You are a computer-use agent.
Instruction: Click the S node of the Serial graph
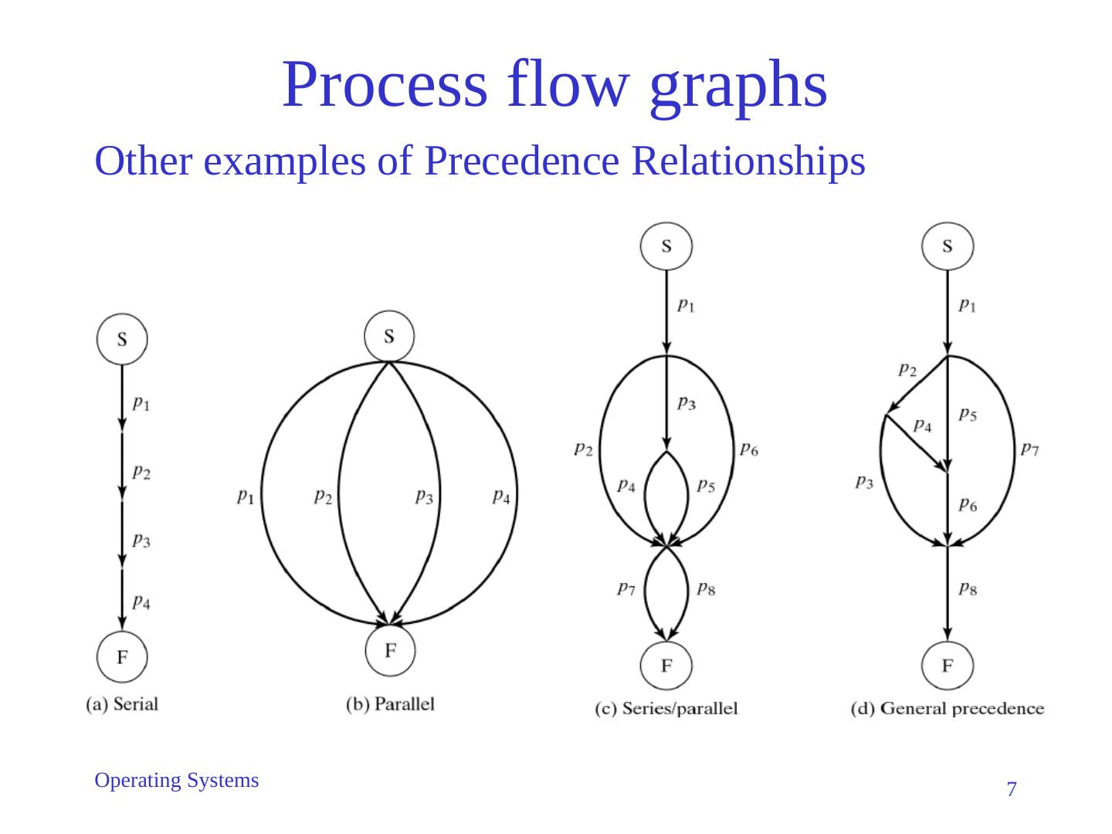coord(122,339)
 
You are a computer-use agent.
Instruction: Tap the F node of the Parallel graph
coord(390,650)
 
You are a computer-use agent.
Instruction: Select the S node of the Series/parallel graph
coord(666,246)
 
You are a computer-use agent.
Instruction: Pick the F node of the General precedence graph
coord(948,665)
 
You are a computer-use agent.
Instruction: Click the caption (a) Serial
coord(122,704)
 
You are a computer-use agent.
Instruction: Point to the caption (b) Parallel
coord(391,704)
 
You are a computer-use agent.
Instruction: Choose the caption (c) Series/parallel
coord(666,708)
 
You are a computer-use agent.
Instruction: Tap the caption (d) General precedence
coord(948,708)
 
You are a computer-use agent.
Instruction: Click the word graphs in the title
coord(738,85)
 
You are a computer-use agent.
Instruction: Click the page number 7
coord(1012,789)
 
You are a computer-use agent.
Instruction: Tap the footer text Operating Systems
coord(176,781)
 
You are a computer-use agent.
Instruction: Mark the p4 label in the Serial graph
coord(141,601)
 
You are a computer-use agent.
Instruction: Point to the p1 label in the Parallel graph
coord(246,497)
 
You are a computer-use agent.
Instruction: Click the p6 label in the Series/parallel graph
coord(748,449)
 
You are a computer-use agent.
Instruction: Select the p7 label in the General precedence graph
coord(1029,449)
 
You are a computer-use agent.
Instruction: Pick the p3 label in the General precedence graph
coord(864,483)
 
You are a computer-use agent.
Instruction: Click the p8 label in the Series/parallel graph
coord(706,589)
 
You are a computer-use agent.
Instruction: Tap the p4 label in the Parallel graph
coord(501,497)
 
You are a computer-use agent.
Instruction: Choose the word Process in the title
coord(385,85)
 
